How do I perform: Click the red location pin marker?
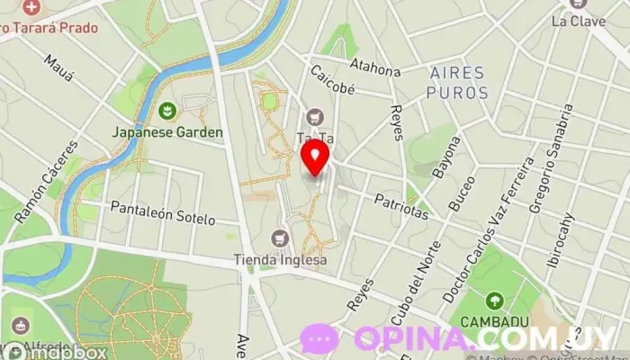point(314,159)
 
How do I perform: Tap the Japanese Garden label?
point(167,131)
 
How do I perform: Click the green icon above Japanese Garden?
point(166,112)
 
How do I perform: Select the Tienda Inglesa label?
point(280,260)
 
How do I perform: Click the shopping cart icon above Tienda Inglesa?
point(280,238)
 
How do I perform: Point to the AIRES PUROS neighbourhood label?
point(457,82)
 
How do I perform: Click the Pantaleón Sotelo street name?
point(163,213)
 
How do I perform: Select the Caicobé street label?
point(332,79)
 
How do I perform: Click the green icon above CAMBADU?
point(493,301)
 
